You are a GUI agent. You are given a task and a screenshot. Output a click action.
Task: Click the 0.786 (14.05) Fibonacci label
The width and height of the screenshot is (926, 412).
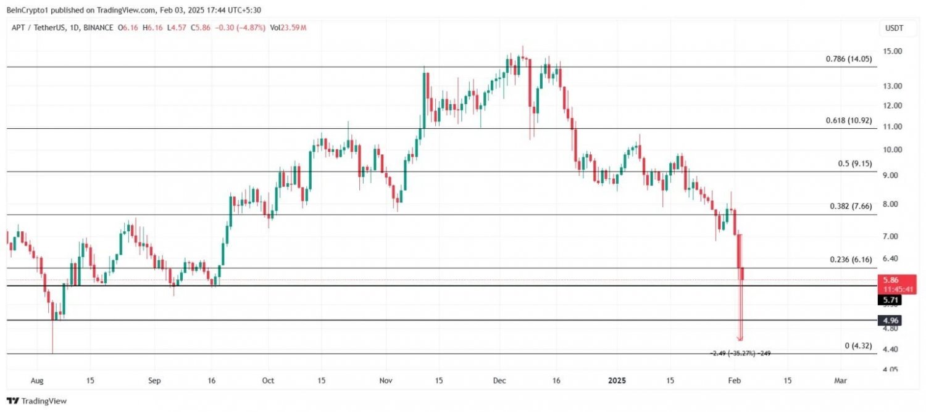pyautogui.click(x=848, y=59)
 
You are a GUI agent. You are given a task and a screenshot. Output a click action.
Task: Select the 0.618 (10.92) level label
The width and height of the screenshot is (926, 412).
pyautogui.click(x=848, y=121)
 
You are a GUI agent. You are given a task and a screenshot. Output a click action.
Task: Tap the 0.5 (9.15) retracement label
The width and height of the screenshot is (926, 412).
pyautogui.click(x=854, y=164)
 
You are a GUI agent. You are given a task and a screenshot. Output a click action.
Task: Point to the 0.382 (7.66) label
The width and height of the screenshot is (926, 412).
pyautogui.click(x=850, y=207)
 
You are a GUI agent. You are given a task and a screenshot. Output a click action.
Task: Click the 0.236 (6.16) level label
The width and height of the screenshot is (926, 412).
pyautogui.click(x=850, y=260)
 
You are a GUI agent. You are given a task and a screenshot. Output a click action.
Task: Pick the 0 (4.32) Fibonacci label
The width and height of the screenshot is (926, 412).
pyautogui.click(x=858, y=346)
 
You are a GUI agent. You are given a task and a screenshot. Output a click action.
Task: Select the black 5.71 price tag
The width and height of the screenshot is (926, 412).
pyautogui.click(x=890, y=300)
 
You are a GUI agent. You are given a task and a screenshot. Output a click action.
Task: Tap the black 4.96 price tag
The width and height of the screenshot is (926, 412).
pyautogui.click(x=890, y=320)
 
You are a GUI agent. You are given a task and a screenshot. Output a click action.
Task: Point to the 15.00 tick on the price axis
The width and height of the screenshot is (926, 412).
pyautogui.click(x=893, y=51)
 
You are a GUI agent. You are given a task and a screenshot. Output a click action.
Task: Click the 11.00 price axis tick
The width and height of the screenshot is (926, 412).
pyautogui.click(x=893, y=126)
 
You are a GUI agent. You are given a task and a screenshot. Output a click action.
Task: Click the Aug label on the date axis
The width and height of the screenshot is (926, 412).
pyautogui.click(x=38, y=381)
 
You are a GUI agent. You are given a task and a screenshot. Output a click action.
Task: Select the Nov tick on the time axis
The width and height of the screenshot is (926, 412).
pyautogui.click(x=385, y=381)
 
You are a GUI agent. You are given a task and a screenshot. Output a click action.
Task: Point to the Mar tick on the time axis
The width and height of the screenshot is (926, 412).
pyautogui.click(x=840, y=381)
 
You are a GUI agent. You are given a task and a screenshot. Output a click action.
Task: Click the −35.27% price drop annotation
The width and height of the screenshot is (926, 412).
pyautogui.click(x=740, y=353)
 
